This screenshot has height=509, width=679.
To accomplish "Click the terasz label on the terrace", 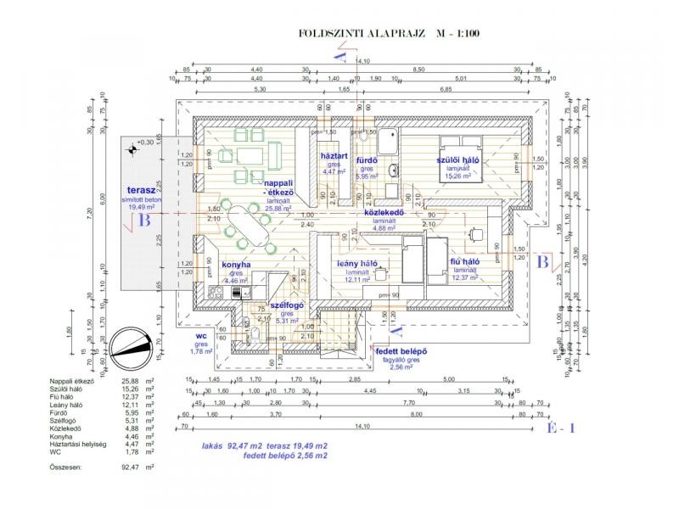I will [140, 190].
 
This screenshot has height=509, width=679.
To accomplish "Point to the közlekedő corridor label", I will [383, 213].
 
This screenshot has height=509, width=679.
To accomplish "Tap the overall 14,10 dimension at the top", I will [363, 62].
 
